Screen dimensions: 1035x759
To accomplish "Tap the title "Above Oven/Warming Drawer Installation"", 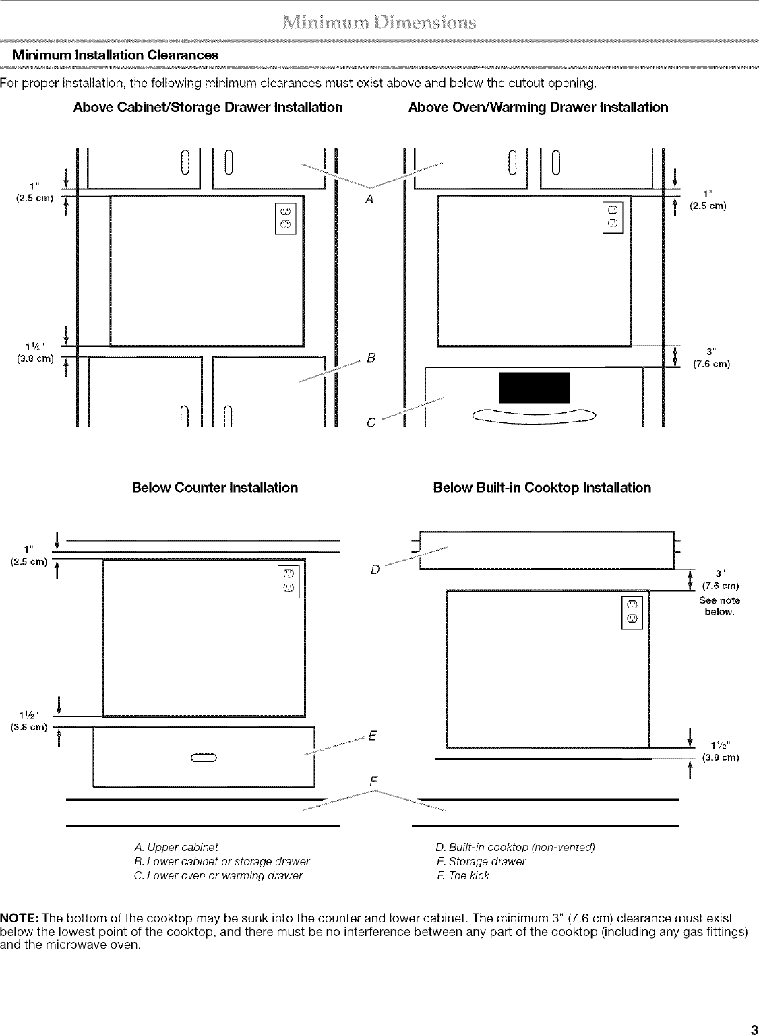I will [x=538, y=107].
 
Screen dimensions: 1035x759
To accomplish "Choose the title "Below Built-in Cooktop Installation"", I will [x=542, y=487].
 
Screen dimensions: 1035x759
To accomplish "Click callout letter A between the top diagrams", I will [x=369, y=199].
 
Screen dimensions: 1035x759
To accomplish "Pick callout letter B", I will [x=371, y=356].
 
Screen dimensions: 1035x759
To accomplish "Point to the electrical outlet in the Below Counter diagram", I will [x=288, y=580].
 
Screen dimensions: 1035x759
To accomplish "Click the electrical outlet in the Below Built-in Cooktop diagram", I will [x=633, y=612].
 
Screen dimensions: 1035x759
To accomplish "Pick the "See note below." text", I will [x=721, y=606].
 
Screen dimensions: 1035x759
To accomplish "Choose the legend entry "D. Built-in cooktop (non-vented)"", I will [x=516, y=847].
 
